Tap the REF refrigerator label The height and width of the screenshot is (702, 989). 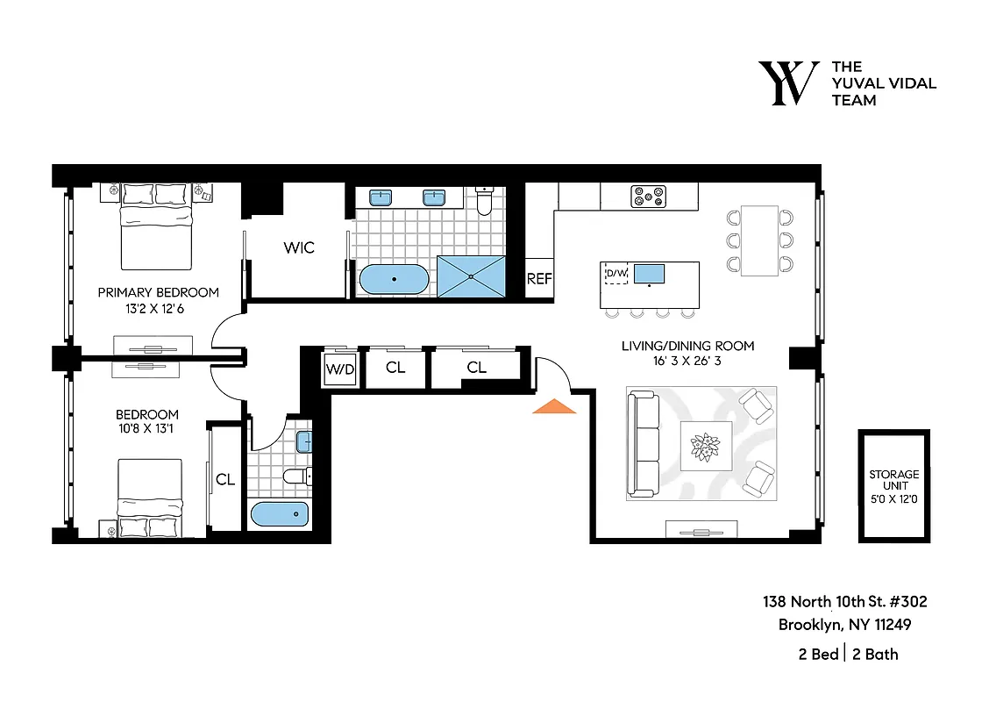[x=538, y=279]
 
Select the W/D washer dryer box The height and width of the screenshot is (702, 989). [x=340, y=369]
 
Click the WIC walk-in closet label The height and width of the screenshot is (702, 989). [x=298, y=248]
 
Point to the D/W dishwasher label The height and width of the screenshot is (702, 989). [x=617, y=274]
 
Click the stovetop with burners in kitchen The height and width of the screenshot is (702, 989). [x=649, y=197]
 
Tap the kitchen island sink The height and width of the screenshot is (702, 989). [x=648, y=274]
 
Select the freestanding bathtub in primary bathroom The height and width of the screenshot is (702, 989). [x=395, y=280]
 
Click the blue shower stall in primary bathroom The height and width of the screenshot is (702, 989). [x=473, y=276]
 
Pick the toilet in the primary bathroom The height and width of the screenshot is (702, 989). [x=485, y=202]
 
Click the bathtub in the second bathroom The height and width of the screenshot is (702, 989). [x=280, y=513]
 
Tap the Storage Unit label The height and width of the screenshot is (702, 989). [x=894, y=486]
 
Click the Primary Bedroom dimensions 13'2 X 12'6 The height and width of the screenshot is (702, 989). [x=158, y=308]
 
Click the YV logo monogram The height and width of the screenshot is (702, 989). [x=788, y=83]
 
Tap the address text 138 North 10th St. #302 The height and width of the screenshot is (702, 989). [x=844, y=602]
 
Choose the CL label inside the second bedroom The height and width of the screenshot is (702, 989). [x=225, y=479]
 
